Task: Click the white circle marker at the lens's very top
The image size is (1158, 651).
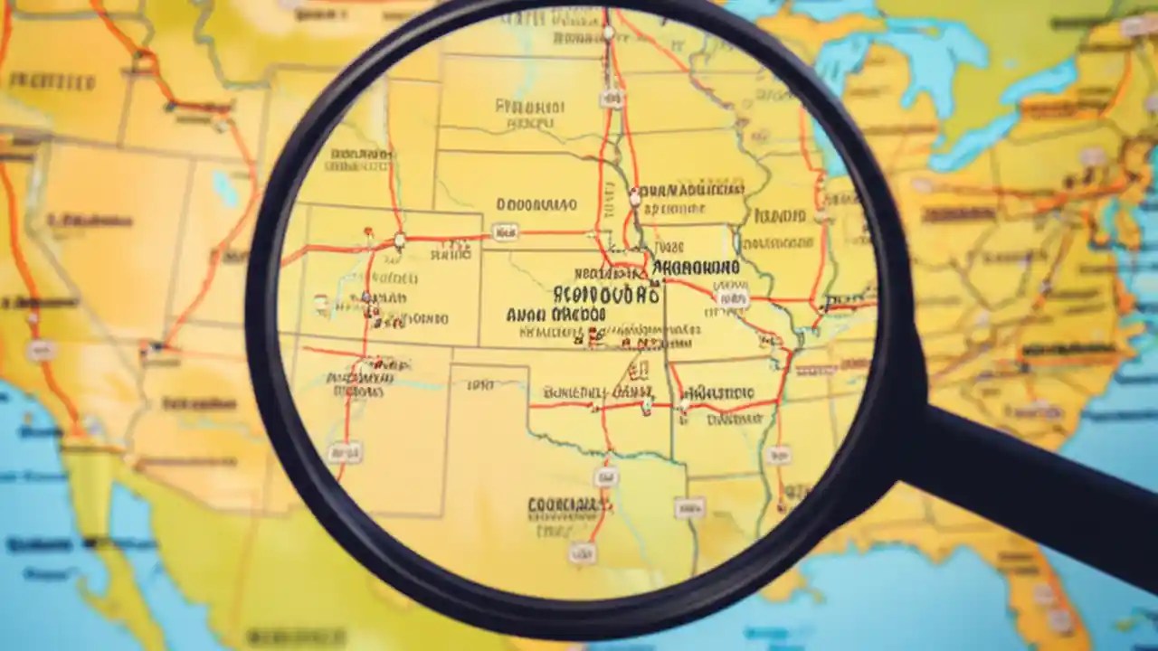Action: (608, 33)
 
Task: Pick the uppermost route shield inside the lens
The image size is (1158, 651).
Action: (612, 98)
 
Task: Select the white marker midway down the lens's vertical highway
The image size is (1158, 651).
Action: (634, 195)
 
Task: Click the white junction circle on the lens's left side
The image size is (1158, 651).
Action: (399, 241)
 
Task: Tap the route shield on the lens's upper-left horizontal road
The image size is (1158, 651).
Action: (506, 232)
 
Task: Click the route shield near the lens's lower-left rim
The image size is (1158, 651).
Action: (344, 452)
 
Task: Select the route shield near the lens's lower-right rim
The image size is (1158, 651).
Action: (777, 454)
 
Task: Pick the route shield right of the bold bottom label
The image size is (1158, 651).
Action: (688, 508)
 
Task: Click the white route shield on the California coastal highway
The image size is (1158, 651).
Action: (41, 351)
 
